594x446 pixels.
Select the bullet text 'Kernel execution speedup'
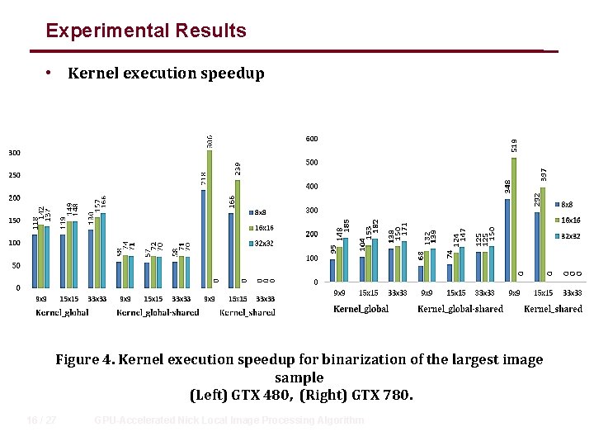click(166, 74)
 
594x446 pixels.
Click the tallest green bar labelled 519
click(513, 219)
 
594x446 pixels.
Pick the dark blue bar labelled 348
click(507, 240)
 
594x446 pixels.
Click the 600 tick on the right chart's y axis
click(312, 139)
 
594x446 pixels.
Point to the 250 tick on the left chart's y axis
click(15, 176)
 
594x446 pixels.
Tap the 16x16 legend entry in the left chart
click(263, 227)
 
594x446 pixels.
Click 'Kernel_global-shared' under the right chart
click(460, 309)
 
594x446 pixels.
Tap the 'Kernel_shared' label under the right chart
click(553, 309)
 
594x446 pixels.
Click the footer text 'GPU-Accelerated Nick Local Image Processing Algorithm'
click(229, 420)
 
